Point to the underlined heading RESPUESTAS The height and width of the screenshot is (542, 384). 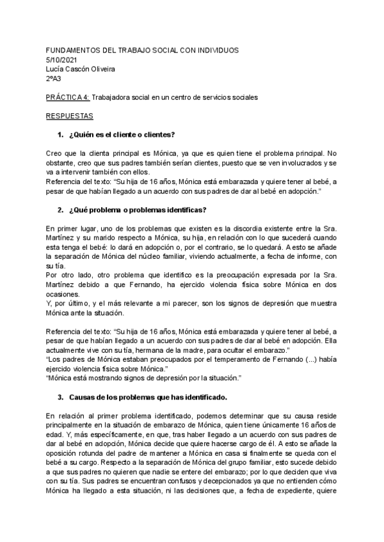click(x=70, y=116)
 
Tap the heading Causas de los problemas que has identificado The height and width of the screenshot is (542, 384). click(x=144, y=397)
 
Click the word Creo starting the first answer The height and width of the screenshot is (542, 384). click(x=56, y=154)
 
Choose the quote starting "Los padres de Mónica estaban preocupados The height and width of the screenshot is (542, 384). click(x=128, y=359)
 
